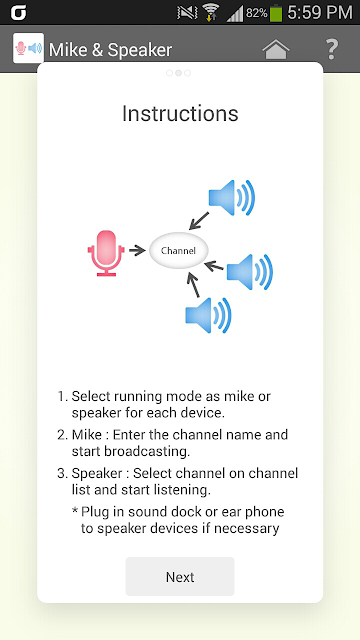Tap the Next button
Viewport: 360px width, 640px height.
coord(180,576)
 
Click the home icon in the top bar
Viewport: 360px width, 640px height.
coord(276,49)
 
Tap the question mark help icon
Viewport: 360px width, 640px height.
coord(332,49)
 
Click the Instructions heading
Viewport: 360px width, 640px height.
coord(180,113)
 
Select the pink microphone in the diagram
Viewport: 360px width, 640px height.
coord(106,253)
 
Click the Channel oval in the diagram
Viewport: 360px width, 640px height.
coord(179,250)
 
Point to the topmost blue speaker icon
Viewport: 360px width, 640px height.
coord(232,198)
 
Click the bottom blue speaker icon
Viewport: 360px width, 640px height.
coord(209,315)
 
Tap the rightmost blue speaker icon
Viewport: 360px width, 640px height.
coord(250,272)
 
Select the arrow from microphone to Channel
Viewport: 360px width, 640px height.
coord(137,250)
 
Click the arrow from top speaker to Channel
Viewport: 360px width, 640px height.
coord(199,221)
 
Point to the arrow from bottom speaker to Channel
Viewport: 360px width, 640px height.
coord(193,285)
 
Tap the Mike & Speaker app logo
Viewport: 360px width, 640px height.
coord(29,48)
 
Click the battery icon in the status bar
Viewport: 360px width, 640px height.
coord(276,13)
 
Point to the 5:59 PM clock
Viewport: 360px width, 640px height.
coord(320,13)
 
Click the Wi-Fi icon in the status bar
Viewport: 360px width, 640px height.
coord(211,13)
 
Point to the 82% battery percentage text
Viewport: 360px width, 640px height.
coord(256,13)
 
